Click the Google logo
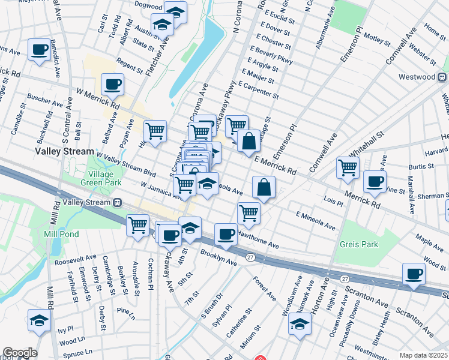tap(19, 353)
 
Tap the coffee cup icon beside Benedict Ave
tap(40, 50)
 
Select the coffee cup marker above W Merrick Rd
tap(112, 85)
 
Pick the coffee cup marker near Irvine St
tap(375, 181)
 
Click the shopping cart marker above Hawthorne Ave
tap(248, 212)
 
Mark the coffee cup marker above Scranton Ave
tap(413, 274)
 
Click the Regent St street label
tap(129, 67)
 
